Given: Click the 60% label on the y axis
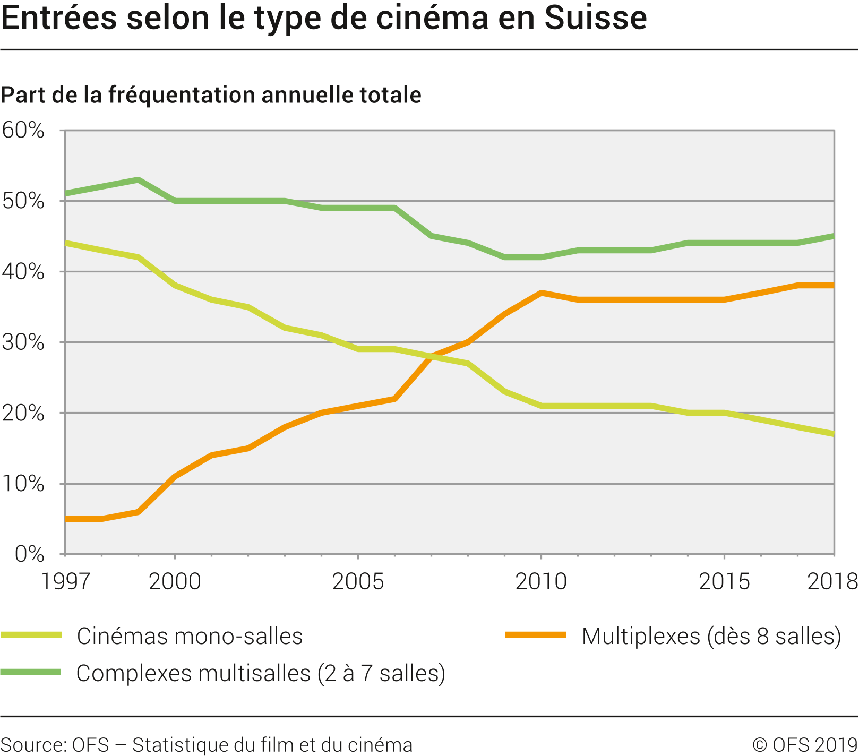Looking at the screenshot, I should (x=23, y=130).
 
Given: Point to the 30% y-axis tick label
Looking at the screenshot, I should (x=23, y=342).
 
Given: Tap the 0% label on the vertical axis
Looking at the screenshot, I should (x=29, y=554).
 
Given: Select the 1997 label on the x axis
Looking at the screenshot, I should (x=66, y=581).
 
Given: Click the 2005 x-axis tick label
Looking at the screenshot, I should (x=358, y=581).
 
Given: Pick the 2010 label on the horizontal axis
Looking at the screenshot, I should (x=541, y=581).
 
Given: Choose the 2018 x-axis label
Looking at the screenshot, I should (x=832, y=581).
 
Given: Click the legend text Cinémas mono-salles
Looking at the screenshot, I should (x=190, y=636).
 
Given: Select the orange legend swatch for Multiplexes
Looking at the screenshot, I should (x=536, y=635).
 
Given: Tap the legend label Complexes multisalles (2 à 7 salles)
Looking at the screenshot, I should (x=261, y=673).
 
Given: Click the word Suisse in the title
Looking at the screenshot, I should (x=596, y=18).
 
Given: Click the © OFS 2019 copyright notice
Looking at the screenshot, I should (x=805, y=744).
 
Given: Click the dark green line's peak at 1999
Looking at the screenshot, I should (x=138, y=179).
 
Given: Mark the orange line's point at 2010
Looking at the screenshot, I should (x=541, y=293).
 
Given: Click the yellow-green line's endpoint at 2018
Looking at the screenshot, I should (x=834, y=434).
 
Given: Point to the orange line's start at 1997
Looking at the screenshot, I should (x=66, y=519).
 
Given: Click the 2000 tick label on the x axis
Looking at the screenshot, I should (x=175, y=581).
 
